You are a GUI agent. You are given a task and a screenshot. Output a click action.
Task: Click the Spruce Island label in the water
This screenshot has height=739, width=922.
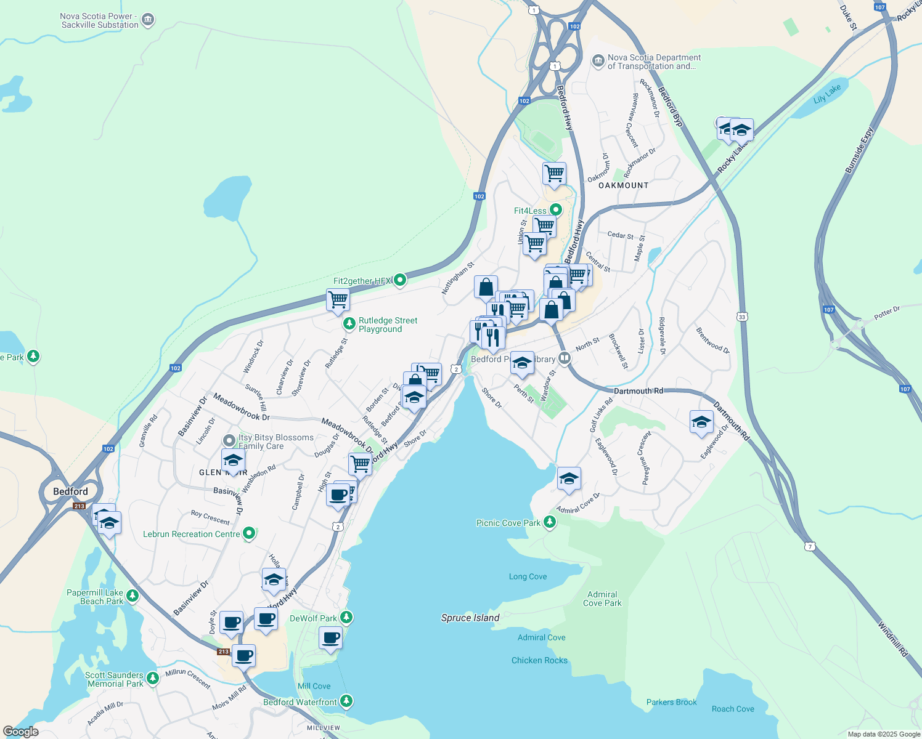(470, 618)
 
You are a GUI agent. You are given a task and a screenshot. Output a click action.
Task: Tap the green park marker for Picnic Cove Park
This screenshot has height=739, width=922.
(549, 522)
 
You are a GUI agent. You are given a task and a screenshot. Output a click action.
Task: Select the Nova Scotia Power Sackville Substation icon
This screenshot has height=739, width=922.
(148, 20)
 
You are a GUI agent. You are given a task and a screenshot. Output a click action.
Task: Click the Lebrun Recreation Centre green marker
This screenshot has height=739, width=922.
(249, 533)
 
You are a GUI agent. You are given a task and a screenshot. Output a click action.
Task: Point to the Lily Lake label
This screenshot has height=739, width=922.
(826, 94)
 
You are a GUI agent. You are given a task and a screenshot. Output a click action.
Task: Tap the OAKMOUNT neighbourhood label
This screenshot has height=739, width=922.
(623, 185)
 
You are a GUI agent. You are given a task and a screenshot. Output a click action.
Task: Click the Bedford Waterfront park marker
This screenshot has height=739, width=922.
(346, 701)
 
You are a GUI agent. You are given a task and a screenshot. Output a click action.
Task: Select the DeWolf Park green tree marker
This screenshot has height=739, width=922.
(346, 617)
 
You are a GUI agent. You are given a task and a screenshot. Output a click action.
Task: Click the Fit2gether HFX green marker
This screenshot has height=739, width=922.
(400, 281)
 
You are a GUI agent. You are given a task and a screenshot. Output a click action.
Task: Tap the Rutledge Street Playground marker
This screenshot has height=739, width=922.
(349, 323)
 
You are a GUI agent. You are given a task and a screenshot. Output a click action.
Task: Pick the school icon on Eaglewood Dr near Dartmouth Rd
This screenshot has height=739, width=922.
(701, 422)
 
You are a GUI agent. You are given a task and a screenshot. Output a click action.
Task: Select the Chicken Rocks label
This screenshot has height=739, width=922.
(539, 660)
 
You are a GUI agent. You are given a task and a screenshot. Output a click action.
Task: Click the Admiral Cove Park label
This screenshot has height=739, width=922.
(602, 599)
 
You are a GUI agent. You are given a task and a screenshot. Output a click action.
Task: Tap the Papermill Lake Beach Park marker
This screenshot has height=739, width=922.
(133, 596)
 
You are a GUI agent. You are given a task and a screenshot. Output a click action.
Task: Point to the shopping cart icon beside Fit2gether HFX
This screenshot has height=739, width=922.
(338, 300)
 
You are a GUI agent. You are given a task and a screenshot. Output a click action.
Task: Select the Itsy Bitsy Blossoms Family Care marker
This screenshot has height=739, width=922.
(229, 440)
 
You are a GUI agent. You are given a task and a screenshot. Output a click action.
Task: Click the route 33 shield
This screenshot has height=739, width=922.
(742, 317)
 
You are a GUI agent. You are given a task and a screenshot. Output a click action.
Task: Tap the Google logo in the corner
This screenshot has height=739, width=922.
(20, 732)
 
